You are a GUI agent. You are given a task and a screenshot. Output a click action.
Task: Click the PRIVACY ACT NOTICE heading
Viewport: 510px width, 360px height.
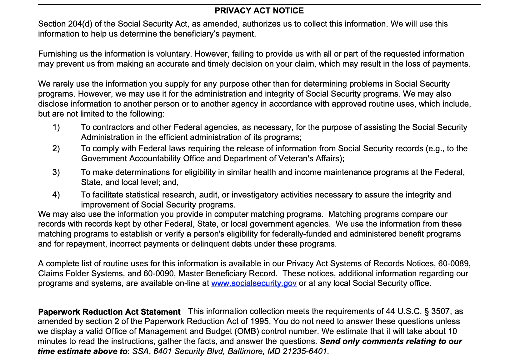[259, 11]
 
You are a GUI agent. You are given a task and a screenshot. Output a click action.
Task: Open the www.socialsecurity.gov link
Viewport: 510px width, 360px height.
[254, 283]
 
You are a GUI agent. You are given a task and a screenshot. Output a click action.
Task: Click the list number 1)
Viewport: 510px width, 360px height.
[56, 127]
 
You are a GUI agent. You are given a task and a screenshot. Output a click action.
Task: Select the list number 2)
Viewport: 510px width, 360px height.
[56, 148]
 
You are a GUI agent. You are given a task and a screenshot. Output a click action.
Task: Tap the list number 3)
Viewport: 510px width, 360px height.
[56, 172]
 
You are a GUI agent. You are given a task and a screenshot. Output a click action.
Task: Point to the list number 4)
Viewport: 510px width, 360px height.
[56, 195]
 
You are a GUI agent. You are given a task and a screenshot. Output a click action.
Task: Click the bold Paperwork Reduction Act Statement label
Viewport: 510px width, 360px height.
[109, 312]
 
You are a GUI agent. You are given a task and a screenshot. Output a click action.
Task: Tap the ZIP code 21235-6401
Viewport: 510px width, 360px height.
[305, 352]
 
